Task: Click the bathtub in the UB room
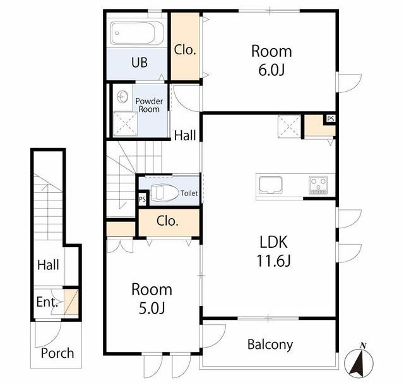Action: click(x=137, y=33)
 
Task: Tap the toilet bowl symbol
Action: click(x=164, y=192)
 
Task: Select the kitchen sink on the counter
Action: click(x=271, y=185)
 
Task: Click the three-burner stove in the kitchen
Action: click(x=318, y=185)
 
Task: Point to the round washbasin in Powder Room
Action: click(x=122, y=97)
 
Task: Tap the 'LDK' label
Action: click(x=273, y=242)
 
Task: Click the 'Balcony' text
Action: click(x=270, y=345)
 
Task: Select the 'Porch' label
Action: click(x=57, y=353)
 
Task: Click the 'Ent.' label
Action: click(x=47, y=302)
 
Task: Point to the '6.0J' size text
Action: click(x=271, y=70)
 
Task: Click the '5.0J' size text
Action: click(x=151, y=308)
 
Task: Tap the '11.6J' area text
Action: click(x=273, y=260)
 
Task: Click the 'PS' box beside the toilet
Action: click(x=142, y=199)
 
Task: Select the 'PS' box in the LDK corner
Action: click(x=331, y=119)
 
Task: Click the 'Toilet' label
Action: click(x=189, y=193)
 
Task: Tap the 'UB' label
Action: click(x=140, y=63)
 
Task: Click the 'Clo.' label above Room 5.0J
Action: click(x=167, y=221)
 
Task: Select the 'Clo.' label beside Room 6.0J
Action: click(x=185, y=50)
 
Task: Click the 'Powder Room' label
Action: click(x=149, y=105)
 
